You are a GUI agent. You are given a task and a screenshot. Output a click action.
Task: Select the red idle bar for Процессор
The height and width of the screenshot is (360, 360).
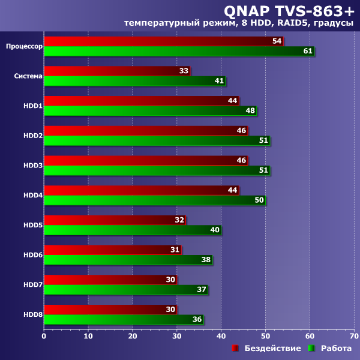162,41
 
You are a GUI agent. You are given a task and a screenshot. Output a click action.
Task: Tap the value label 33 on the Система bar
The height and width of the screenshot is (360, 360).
184,71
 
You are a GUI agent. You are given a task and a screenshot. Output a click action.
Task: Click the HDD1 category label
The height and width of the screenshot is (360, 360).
32,106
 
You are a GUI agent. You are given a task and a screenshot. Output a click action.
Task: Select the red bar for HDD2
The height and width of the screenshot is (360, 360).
144,131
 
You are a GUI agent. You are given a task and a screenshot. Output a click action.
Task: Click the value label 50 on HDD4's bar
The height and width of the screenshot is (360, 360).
259,200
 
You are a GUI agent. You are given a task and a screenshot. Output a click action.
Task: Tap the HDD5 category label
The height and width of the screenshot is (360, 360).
32,225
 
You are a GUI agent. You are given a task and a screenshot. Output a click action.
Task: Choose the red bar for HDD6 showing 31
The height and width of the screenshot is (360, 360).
111,250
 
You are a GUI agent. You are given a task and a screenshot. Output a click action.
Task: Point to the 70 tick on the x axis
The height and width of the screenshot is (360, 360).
354,335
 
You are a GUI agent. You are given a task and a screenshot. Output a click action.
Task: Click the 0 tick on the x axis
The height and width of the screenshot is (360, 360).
44,335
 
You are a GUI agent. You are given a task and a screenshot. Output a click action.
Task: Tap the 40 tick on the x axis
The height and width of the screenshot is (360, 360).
221,335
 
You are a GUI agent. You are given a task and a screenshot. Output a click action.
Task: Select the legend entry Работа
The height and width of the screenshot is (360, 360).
336,349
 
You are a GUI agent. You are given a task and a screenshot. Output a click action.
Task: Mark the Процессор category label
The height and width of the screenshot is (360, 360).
24,46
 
